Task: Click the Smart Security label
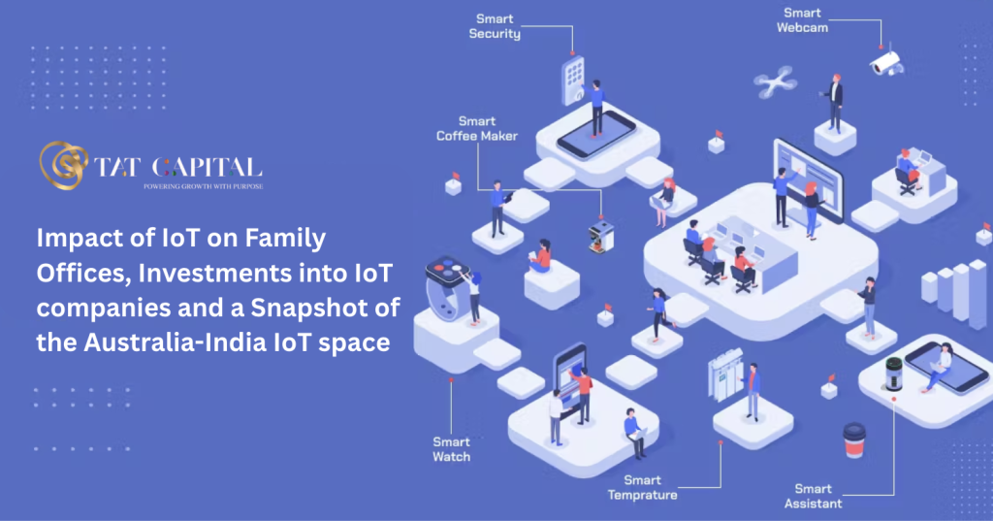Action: pos(495,26)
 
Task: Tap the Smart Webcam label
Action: pos(802,20)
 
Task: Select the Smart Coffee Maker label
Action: pos(477,129)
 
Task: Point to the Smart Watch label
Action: pos(452,449)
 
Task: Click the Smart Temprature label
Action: pos(643,487)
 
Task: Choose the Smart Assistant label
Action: pos(814,496)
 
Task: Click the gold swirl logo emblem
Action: pos(63,165)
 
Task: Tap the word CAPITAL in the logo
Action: pos(208,167)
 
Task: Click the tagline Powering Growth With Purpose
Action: pos(204,186)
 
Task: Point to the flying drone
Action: pos(775,81)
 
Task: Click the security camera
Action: pos(886,61)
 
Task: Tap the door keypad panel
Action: pos(574,80)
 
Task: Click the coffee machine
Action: pos(601,237)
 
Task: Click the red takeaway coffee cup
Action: pos(853,440)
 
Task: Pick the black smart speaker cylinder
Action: pos(893,374)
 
